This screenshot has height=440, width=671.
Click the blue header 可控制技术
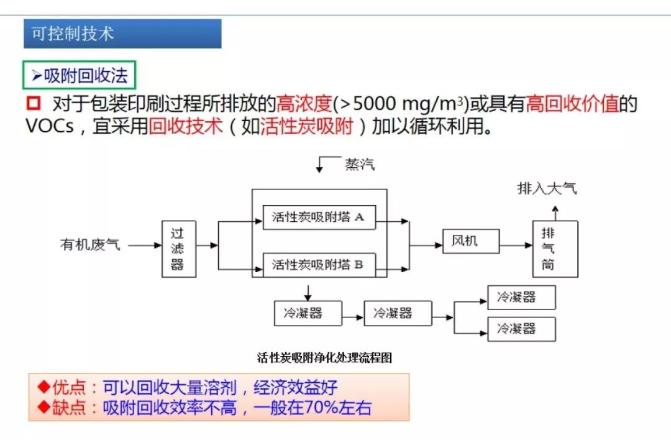(x=122, y=34)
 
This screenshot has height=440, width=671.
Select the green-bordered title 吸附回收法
(x=79, y=75)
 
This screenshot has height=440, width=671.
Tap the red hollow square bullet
(x=34, y=103)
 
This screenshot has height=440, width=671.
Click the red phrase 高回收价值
(x=572, y=104)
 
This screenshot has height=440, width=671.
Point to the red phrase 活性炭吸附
(x=307, y=126)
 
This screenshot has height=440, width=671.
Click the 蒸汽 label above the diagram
(x=360, y=164)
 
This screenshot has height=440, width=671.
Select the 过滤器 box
(x=179, y=249)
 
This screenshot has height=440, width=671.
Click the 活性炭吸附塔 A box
(x=319, y=218)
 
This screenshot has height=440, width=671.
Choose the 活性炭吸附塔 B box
(x=319, y=265)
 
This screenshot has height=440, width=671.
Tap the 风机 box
(x=471, y=241)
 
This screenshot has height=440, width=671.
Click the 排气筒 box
(x=555, y=249)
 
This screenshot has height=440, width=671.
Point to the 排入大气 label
(x=547, y=188)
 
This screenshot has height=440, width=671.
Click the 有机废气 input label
(x=90, y=245)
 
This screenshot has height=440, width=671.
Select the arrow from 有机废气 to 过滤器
(x=145, y=245)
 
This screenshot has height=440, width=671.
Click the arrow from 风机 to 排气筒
(x=516, y=245)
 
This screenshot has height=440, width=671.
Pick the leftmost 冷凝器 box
(x=308, y=313)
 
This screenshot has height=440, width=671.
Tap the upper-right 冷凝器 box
(x=522, y=298)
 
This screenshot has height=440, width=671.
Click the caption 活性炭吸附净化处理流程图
(x=324, y=357)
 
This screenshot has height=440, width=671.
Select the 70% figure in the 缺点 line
(x=321, y=408)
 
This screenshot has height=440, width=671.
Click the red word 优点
(x=69, y=387)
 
